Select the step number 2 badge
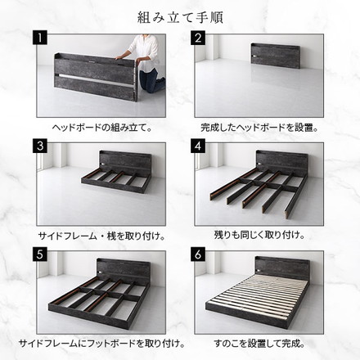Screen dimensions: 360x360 coord(197,38)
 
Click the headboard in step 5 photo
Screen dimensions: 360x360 coord(115,269)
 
